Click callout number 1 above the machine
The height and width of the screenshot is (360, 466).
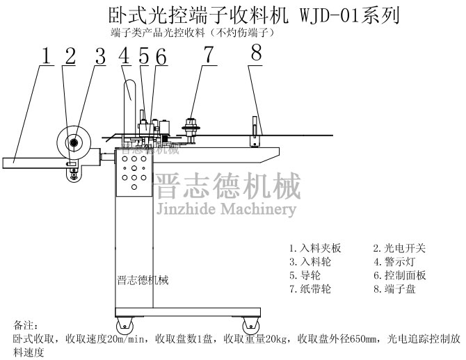click(x=46, y=56)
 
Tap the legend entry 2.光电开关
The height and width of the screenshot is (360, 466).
click(x=400, y=247)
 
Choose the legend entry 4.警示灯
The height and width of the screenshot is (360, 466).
click(x=394, y=261)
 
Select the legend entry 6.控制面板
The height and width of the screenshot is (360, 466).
click(x=400, y=275)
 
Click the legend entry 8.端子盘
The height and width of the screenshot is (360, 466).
click(x=394, y=289)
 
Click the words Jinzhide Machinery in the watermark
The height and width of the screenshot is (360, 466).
click(x=227, y=209)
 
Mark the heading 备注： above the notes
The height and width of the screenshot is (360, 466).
click(x=28, y=325)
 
